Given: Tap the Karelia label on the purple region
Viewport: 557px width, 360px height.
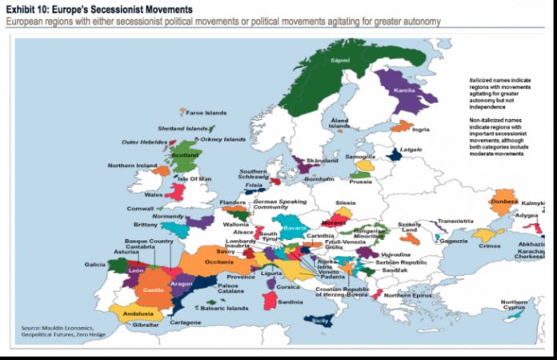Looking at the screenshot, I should pos(405,90).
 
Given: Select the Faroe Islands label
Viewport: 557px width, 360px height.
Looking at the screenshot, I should pos(206,113).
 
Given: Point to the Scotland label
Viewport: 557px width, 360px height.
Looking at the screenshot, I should pos(185,155).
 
